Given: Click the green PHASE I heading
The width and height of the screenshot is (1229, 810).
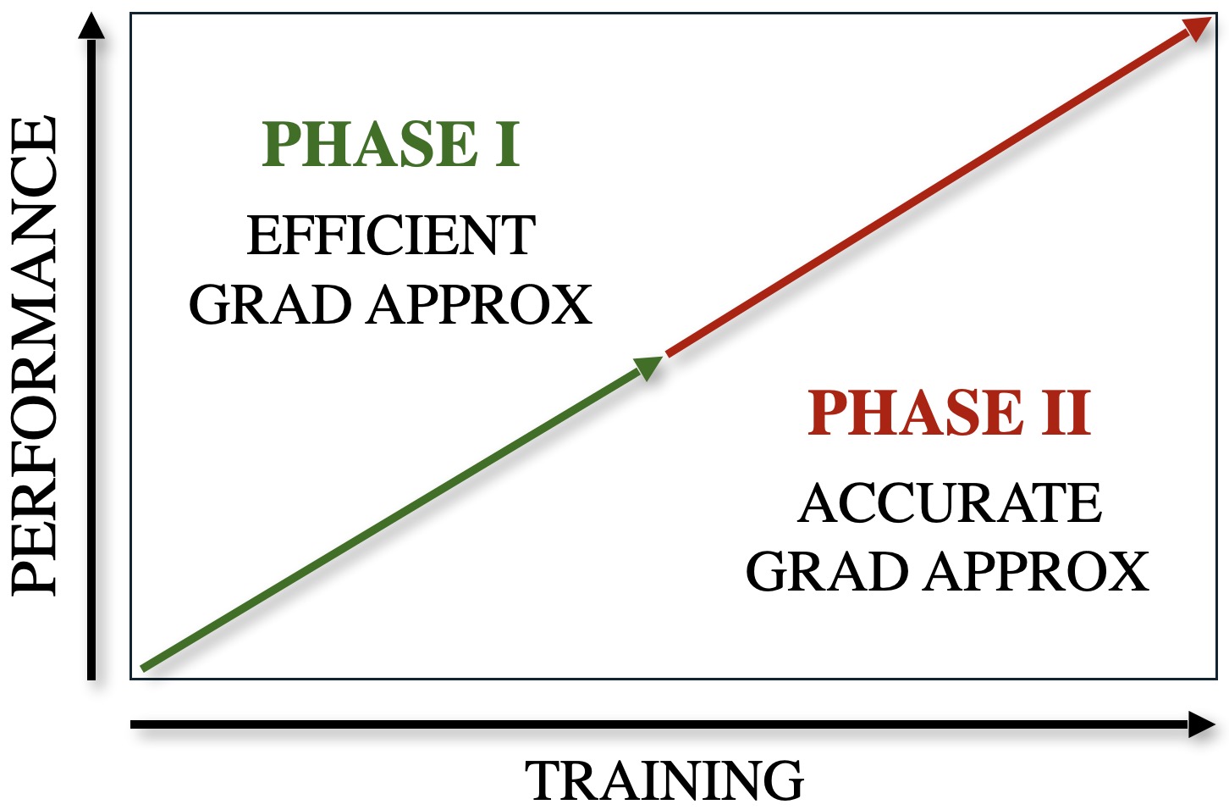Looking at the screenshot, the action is (391, 144).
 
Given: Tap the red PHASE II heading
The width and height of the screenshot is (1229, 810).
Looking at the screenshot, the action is (949, 413).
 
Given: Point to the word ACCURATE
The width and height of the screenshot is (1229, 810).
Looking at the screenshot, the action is (949, 502).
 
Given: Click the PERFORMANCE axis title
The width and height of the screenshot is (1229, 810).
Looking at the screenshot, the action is (34, 355).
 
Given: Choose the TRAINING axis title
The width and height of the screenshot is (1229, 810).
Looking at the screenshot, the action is (664, 779).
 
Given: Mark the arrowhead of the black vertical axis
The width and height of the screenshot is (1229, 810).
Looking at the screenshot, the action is (91, 25).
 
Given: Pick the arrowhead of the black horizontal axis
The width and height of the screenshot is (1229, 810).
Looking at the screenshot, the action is (1202, 724).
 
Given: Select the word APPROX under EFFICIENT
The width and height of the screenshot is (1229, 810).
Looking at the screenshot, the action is (481, 305).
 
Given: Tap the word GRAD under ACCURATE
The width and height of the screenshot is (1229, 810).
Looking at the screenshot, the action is (827, 572).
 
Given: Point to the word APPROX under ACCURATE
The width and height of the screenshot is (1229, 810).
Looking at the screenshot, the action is (1037, 572).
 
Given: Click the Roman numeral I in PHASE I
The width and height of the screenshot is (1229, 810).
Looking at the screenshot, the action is (508, 144).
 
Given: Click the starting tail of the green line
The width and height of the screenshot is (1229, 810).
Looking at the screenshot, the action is (143, 669).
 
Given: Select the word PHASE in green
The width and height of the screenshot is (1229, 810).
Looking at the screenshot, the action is (369, 144).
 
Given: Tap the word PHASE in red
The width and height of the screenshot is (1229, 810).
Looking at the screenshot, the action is (916, 413).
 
